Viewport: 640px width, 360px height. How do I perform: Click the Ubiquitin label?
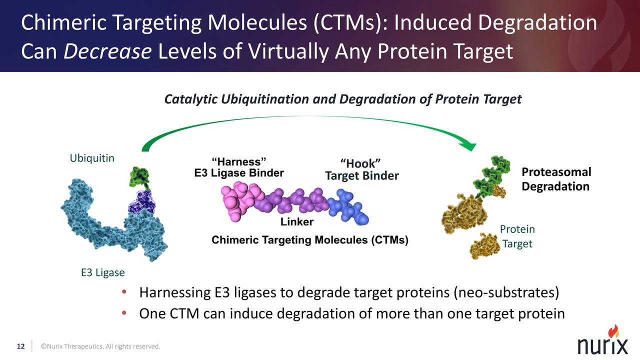pos(92,158)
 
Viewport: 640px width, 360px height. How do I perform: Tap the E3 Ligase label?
pos(102,273)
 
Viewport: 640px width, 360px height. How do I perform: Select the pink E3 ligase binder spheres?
pos(239,200)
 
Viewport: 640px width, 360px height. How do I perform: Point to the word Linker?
pos(296,221)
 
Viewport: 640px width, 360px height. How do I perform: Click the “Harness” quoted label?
pos(238,161)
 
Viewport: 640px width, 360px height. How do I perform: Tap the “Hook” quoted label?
pos(361,163)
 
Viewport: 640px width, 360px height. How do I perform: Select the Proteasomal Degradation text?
pos(556,179)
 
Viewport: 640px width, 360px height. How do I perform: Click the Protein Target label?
pos(517,236)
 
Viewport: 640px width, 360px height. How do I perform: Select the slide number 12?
pos(21,346)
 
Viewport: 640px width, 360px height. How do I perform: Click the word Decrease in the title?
pos(107,51)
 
